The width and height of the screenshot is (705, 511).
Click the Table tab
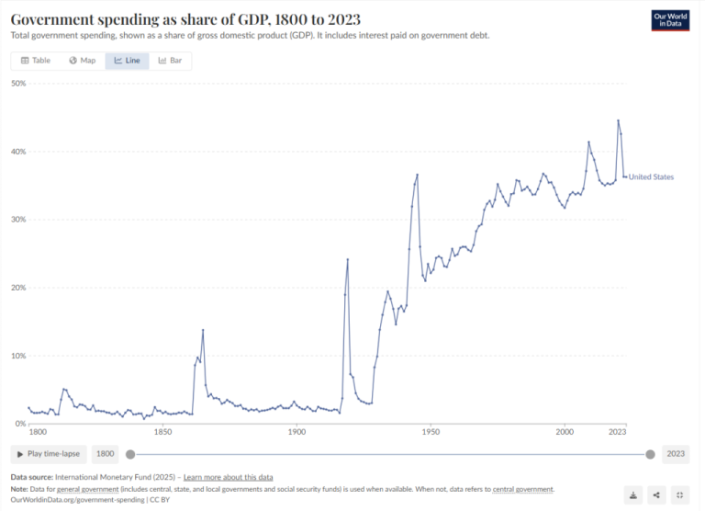(36, 61)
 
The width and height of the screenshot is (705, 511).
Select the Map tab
(82, 61)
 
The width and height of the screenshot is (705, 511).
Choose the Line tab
(127, 61)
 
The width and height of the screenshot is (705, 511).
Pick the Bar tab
(170, 61)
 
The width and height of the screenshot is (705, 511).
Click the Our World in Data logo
(671, 19)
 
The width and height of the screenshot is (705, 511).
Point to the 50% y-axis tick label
(17, 84)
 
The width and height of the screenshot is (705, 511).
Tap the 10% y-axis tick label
(17, 356)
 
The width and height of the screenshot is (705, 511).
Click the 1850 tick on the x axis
(162, 431)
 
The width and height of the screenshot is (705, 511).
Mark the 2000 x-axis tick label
(565, 431)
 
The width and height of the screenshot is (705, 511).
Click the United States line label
(651, 176)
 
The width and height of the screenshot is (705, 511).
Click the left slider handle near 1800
(130, 453)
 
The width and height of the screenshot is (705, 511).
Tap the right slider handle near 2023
(651, 453)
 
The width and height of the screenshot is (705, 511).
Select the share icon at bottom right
(656, 495)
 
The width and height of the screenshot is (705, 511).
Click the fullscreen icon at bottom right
(680, 495)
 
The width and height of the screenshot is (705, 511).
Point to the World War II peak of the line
(417, 175)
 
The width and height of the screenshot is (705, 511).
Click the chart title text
(185, 19)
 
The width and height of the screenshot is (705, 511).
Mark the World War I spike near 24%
(348, 259)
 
